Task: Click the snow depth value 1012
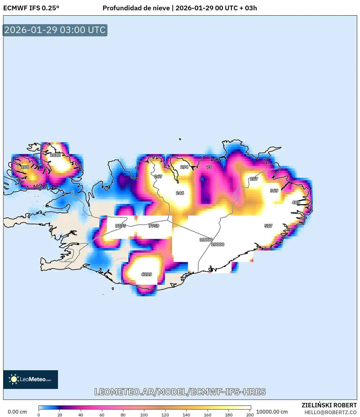pyautogui.click(x=55, y=155)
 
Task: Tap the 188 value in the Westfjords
pyautogui.click(x=25, y=167)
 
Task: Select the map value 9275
pyautogui.click(x=120, y=226)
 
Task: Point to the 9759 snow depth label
pyautogui.click(x=154, y=226)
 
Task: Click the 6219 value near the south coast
pyautogui.click(x=146, y=274)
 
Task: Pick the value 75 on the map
pyautogui.click(x=209, y=167)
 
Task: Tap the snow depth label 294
pyautogui.click(x=184, y=167)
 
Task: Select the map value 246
pyautogui.click(x=180, y=193)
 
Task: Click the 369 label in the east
pyautogui.click(x=274, y=191)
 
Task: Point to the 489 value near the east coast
pyautogui.click(x=296, y=202)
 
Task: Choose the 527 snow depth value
pyautogui.click(x=268, y=226)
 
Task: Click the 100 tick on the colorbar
pyautogui.click(x=144, y=415)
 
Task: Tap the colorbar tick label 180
pyautogui.click(x=229, y=415)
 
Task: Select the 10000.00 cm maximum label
pyautogui.click(x=272, y=412)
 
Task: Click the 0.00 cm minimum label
pyautogui.click(x=17, y=412)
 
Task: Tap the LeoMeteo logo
pyautogui.click(x=31, y=379)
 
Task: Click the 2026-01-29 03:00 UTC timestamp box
pyautogui.click(x=55, y=30)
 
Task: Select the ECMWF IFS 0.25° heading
pyautogui.click(x=31, y=8)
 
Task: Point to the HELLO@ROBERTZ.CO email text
pyautogui.click(x=330, y=412)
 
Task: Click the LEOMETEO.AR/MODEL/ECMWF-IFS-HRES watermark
pyautogui.click(x=180, y=392)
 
